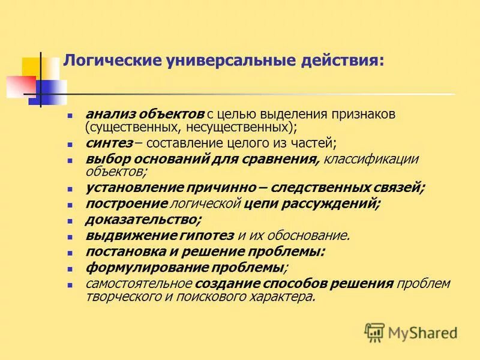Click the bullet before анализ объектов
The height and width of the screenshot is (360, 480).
[70, 115]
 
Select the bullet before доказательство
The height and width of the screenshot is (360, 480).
[70, 220]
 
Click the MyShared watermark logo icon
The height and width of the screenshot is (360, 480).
[374, 332]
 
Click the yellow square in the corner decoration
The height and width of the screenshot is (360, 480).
[31, 67]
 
